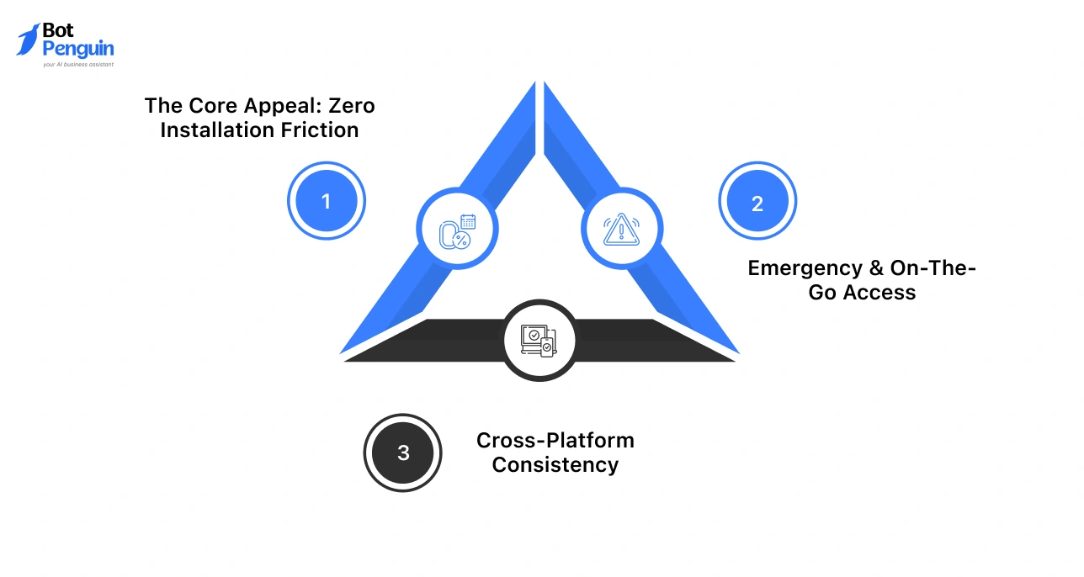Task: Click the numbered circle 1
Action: tap(327, 202)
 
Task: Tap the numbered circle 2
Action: tap(757, 203)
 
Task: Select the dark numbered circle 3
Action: tap(403, 453)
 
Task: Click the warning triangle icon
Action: tap(622, 229)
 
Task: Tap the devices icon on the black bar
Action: tap(539, 341)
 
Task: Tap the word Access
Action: tap(883, 293)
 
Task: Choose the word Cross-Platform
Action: tap(555, 440)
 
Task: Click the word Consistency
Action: tap(555, 464)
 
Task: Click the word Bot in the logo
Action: tap(58, 31)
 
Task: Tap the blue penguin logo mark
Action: tap(28, 40)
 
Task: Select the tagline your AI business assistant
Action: tap(77, 64)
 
